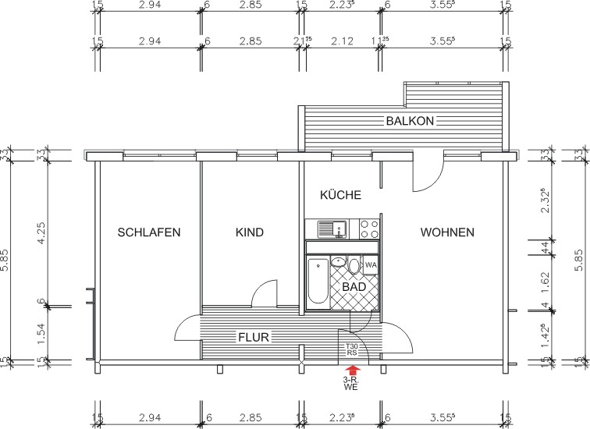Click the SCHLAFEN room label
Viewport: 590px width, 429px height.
click(x=149, y=232)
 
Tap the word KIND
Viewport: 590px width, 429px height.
click(x=250, y=232)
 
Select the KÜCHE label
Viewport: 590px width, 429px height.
click(x=340, y=195)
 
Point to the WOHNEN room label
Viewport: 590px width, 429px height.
click(x=447, y=232)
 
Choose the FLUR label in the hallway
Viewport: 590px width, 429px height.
click(x=254, y=338)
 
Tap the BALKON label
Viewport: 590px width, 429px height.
click(x=410, y=121)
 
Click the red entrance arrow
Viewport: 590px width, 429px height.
click(x=351, y=370)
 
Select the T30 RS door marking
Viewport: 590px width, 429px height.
click(x=352, y=349)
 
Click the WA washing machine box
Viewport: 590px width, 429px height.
click(x=371, y=266)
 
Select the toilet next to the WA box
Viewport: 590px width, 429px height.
click(x=354, y=267)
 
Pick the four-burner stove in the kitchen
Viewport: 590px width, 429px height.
click(x=368, y=229)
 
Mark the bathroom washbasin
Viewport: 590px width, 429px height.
click(x=339, y=265)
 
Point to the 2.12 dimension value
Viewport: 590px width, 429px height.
click(x=340, y=41)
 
